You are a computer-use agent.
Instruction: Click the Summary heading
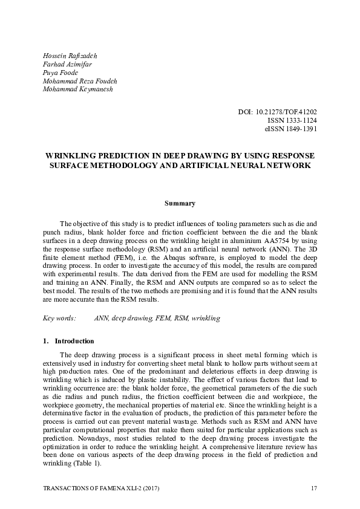pos(180,204)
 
